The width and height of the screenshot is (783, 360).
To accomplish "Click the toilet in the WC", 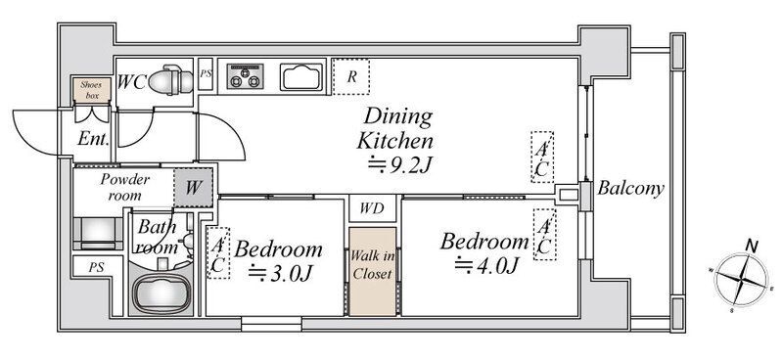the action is [x=170, y=80].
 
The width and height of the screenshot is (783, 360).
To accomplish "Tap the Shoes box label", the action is [x=91, y=90].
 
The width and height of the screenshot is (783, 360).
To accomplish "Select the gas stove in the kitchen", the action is [x=245, y=76].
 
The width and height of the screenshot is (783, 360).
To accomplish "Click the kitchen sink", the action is [x=301, y=77].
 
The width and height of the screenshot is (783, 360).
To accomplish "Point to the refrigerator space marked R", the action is [x=351, y=77].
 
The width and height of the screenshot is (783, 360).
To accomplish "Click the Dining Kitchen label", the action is [x=394, y=129].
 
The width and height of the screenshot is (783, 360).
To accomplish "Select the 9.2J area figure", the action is [x=399, y=164].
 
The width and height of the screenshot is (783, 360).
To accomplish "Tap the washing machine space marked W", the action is [x=194, y=188].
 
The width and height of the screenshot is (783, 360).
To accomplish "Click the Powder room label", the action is [x=125, y=187].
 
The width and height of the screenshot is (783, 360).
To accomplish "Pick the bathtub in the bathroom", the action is [x=161, y=293].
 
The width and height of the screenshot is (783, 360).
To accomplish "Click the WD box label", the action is [x=373, y=208].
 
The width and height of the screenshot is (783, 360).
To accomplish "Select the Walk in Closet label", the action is [x=372, y=265].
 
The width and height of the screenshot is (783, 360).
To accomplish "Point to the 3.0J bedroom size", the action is [x=281, y=274].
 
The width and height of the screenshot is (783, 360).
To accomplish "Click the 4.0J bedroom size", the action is [x=485, y=265].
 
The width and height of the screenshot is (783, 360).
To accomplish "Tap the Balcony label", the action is [x=630, y=188].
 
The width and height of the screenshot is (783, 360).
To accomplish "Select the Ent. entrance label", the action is [x=93, y=138].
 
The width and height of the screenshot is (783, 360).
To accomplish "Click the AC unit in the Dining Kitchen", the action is [x=542, y=157].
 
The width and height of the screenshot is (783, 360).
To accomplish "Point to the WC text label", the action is [x=132, y=82].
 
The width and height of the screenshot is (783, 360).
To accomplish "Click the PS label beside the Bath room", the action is [x=96, y=267].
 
